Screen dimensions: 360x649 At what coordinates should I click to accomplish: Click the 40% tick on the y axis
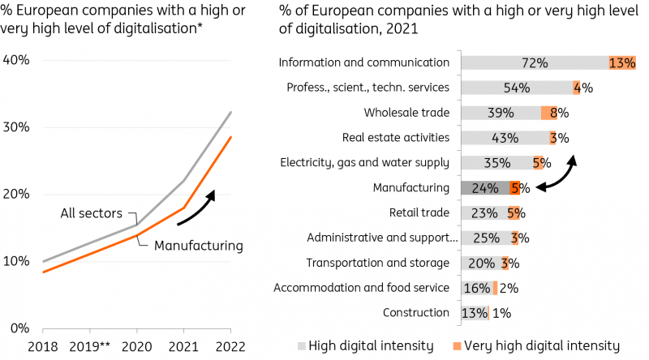tap(16, 61)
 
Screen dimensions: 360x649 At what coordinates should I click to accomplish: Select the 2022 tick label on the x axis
tap(231, 346)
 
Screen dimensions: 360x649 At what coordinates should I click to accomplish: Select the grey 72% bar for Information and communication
tap(535, 62)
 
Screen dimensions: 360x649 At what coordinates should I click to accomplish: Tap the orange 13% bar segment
tap(621, 62)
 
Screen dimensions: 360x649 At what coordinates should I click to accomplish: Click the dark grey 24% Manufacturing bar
tap(485, 188)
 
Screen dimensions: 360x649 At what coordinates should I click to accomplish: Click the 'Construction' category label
tap(417, 313)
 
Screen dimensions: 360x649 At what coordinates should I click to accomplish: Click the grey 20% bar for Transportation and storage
tap(481, 263)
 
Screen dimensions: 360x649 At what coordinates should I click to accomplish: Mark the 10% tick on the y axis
tap(16, 261)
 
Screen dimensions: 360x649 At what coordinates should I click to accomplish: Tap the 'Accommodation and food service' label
tap(361, 288)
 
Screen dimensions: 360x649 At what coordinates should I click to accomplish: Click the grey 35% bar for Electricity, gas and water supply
tap(496, 163)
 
